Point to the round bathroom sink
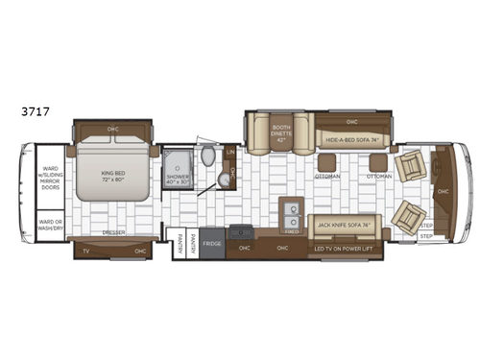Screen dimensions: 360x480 coord(223,179)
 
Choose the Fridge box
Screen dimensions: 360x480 coord(211,244)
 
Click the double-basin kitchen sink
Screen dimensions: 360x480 coord(292,212)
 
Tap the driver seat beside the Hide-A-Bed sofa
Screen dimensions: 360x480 coord(411,164)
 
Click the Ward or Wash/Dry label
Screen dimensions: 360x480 coord(49,226)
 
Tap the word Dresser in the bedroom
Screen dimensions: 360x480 coord(112,233)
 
